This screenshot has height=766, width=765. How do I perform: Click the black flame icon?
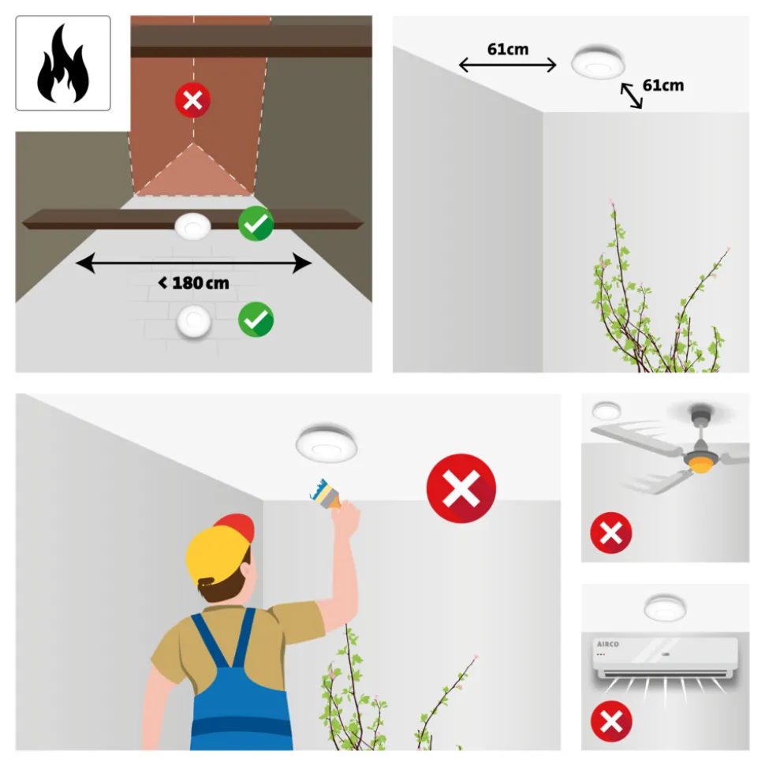point(63,64)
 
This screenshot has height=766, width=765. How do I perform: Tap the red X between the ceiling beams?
point(193,101)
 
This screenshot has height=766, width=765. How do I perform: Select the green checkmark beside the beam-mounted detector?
point(256,224)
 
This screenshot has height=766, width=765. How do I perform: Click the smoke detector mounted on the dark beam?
point(193,226)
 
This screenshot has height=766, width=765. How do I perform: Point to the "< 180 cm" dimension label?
point(193,283)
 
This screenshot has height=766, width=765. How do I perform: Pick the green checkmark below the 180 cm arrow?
point(256,319)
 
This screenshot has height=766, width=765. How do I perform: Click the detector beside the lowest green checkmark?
point(194,321)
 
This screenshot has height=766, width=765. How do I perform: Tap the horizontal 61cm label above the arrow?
point(508,50)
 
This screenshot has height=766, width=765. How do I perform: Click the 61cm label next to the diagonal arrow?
point(663,85)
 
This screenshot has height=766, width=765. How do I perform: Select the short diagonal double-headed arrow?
point(632,95)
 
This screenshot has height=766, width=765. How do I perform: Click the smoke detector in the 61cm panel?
point(599,62)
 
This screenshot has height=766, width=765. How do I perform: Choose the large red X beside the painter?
point(461,488)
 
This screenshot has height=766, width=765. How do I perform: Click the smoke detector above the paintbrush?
point(327,443)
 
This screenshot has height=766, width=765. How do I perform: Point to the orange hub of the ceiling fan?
point(701,464)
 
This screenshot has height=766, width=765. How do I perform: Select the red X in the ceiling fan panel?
point(611,533)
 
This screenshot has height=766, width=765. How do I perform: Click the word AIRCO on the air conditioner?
point(608,645)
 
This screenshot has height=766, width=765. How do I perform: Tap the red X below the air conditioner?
point(611,722)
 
